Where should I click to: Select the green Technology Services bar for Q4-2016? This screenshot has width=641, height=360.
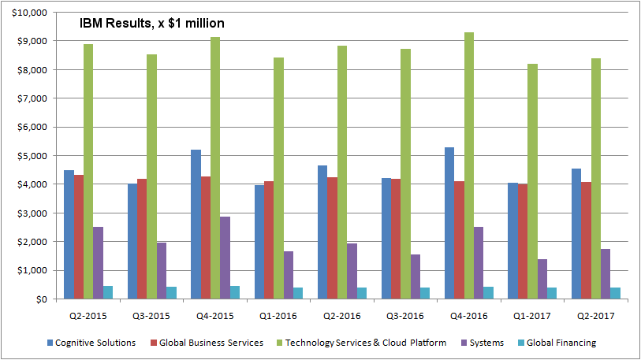pos(469,165)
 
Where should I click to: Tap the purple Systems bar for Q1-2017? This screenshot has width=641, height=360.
pos(542,279)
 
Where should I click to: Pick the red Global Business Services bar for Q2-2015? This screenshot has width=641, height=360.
pos(79,236)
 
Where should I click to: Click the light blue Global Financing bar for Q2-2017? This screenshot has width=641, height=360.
pos(615,293)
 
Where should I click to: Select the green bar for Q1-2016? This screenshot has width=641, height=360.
pos(278,178)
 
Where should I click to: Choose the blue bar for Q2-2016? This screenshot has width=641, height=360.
pos(322,232)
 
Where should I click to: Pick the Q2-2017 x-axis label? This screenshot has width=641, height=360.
pos(596,316)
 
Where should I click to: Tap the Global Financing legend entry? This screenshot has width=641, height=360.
pos(558,343)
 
